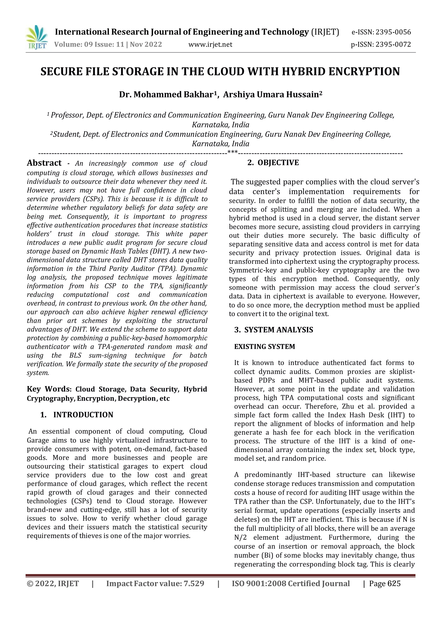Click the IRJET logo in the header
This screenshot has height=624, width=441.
click(x=37, y=37)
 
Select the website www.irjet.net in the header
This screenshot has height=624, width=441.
click(x=210, y=44)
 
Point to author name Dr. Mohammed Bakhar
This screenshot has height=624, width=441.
click(x=166, y=95)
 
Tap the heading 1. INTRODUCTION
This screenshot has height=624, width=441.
click(x=77, y=415)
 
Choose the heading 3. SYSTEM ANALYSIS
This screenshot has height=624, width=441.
click(x=274, y=330)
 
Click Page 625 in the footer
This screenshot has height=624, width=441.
click(x=385, y=583)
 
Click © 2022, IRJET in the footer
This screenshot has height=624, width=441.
click(x=53, y=583)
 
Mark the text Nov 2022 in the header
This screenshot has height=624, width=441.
click(x=146, y=44)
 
